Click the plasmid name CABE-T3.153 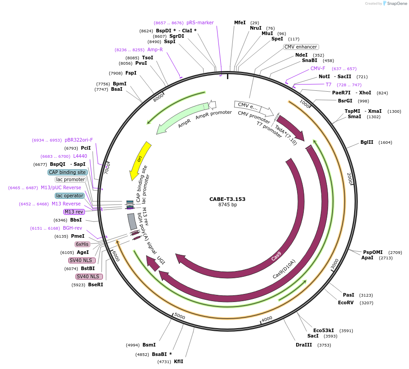pos(227,199)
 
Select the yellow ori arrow pos(140,160)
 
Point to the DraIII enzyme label pos(304,345)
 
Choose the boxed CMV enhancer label pos(301,47)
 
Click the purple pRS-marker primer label pos(200,22)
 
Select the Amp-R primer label pos(155,49)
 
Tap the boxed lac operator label pos(70,196)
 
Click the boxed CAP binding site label pos(67,172)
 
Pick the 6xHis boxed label pos(82,244)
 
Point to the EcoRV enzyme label pos(346,302)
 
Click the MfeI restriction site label pos(240,22)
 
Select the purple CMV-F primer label pos(318,68)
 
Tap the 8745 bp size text pos(227,205)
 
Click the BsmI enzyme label pos(149,345)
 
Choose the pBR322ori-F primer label pos(79,140)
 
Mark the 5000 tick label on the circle pos(179,316)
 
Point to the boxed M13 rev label pos(74,212)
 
